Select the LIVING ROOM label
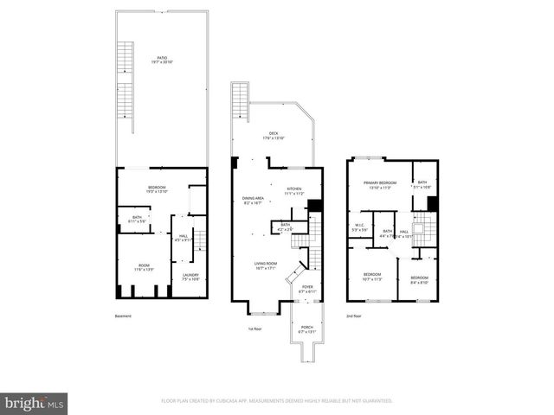tap(265, 265)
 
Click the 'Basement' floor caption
tap(123, 316)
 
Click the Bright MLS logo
tap(35, 403)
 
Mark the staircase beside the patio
tap(125, 82)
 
